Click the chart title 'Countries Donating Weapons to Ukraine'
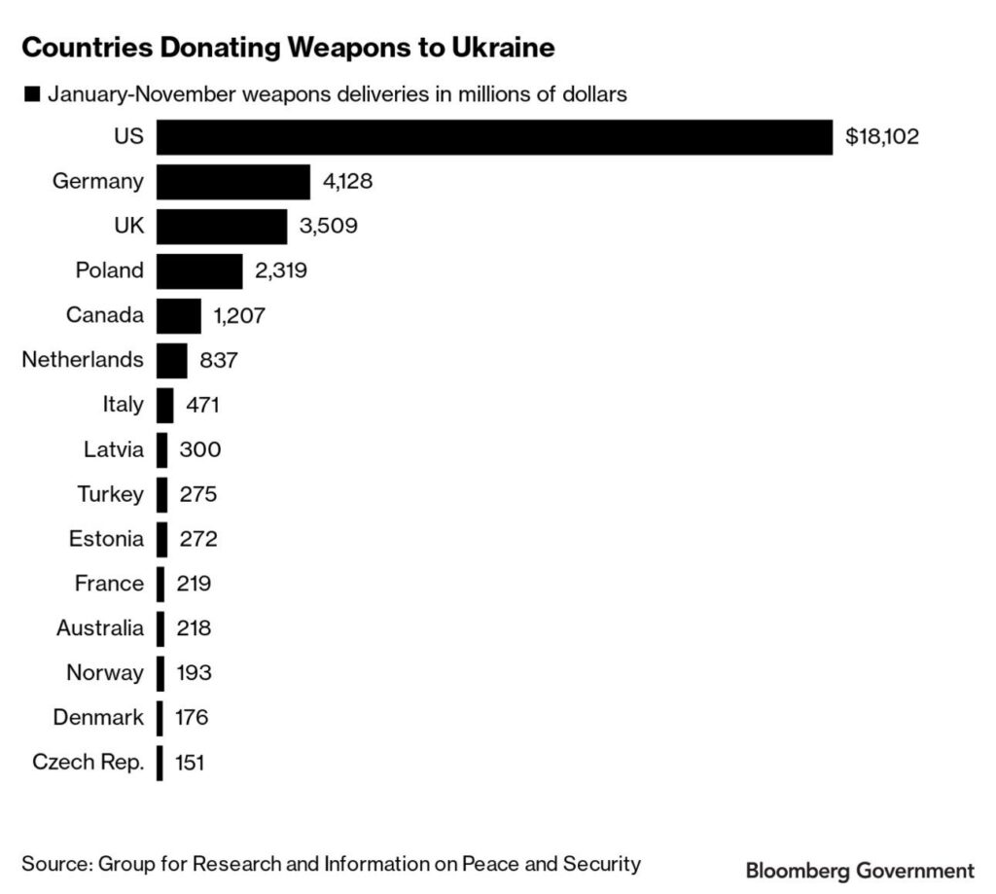click(x=288, y=47)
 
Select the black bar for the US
click(x=494, y=137)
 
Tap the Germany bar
click(x=232, y=182)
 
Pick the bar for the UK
click(x=221, y=227)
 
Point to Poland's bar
click(x=198, y=270)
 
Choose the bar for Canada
click(x=178, y=315)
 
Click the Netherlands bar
click(x=171, y=360)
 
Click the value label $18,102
click(x=882, y=137)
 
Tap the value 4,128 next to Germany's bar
click(x=348, y=182)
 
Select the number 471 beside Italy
click(x=205, y=405)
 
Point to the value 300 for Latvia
click(x=200, y=449)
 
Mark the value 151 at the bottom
click(x=190, y=763)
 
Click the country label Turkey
click(x=110, y=494)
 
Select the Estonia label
click(x=106, y=539)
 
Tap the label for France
click(x=109, y=584)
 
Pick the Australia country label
click(x=99, y=628)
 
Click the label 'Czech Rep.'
click(x=88, y=763)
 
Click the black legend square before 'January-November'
click(x=31, y=94)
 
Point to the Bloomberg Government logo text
click(x=859, y=869)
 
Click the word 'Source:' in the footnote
click(x=56, y=863)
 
